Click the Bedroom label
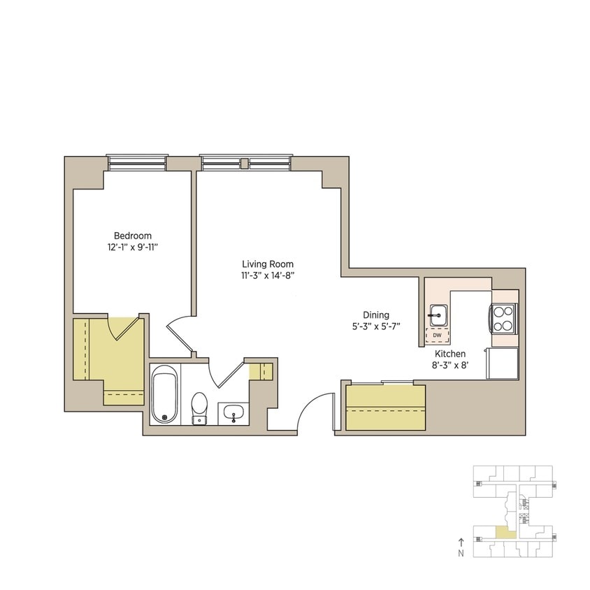point(133,236)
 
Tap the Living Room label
point(268,264)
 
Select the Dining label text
point(376,315)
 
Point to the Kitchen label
point(450,354)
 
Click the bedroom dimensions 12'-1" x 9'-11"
point(133,247)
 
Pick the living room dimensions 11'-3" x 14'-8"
point(268,275)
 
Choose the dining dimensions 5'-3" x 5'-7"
point(376,326)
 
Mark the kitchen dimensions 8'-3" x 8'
point(450,365)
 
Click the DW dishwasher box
point(438,336)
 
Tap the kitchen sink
point(438,315)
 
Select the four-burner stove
point(503,318)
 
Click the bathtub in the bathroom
point(165,396)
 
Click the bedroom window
point(138,162)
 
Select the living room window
point(246,162)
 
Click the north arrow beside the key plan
point(461,542)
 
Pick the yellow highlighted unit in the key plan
point(505,533)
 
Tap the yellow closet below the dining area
point(386,408)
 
